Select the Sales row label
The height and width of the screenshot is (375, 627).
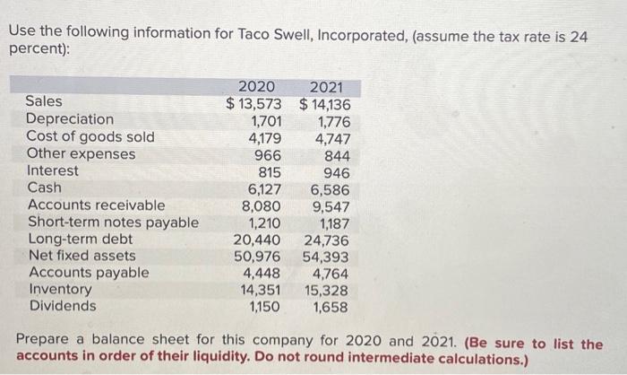(44, 102)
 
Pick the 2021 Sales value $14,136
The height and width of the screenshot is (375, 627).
(325, 102)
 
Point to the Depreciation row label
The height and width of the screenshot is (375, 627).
(70, 119)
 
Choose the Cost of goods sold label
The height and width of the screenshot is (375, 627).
(90, 136)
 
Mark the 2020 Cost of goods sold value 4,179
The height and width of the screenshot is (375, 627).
(264, 137)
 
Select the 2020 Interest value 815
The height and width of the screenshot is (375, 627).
(269, 171)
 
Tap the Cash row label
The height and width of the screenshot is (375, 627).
(45, 187)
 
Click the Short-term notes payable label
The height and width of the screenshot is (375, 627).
(113, 222)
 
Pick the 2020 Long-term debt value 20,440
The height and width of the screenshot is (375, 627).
(259, 240)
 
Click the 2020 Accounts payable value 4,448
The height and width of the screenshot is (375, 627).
(263, 273)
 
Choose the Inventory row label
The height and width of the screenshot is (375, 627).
(59, 289)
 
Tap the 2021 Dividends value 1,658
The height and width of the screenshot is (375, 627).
(331, 306)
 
